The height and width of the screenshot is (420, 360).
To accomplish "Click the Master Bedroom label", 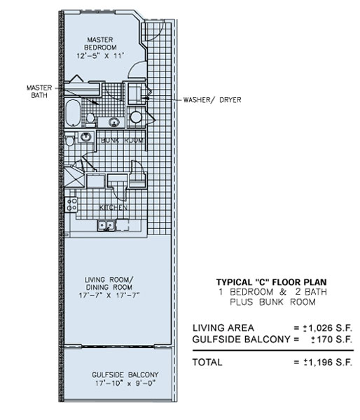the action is click(x=101, y=43).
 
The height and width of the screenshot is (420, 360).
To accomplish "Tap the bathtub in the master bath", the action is click(x=73, y=113).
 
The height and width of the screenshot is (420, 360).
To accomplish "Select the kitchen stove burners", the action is click(x=71, y=204).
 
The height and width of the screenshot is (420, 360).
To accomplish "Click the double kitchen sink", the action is click(x=106, y=225).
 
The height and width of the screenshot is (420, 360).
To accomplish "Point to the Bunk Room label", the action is click(x=123, y=141).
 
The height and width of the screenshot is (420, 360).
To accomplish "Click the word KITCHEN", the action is click(x=113, y=208).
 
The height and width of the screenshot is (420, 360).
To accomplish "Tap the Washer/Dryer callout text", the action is click(x=212, y=100).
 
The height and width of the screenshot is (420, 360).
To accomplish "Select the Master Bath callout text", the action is click(x=39, y=92).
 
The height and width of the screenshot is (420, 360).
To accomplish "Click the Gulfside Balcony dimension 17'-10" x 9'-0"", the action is click(x=125, y=384).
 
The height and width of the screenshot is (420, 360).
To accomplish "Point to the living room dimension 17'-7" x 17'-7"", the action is click(x=109, y=295).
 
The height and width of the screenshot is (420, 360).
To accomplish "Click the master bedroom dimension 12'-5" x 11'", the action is click(x=101, y=56).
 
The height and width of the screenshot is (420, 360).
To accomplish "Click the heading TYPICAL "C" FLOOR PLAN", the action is click(x=272, y=282).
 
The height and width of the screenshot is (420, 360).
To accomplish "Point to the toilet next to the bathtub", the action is click(x=90, y=120).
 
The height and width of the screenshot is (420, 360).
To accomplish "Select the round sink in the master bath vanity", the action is click(x=114, y=122).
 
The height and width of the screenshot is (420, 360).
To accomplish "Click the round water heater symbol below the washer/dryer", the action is click(x=136, y=117).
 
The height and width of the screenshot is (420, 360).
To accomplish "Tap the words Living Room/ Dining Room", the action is click(x=109, y=283).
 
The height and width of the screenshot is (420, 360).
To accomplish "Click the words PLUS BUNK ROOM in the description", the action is click(x=272, y=302).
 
